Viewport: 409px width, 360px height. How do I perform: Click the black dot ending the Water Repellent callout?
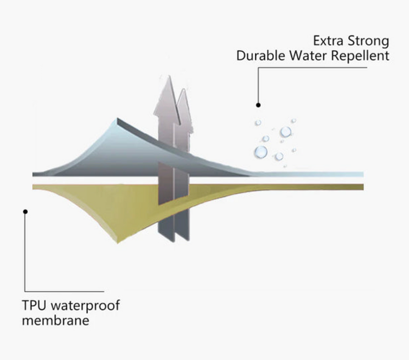[x=259, y=105]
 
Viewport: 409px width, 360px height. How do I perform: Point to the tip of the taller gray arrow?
[x=166, y=77]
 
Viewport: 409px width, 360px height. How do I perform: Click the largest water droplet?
[x=261, y=152]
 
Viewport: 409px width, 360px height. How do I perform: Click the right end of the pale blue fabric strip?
[x=362, y=174]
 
